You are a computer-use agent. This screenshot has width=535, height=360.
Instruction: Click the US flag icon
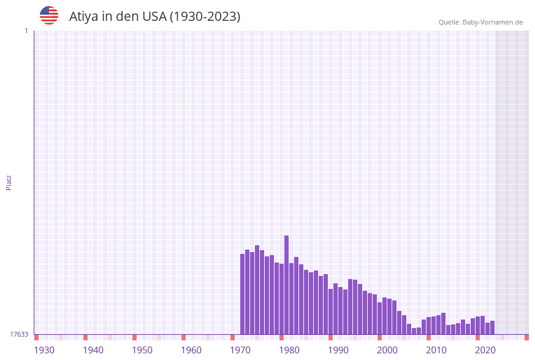(x=49, y=15)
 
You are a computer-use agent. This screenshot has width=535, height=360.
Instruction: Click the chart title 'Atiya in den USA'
(x=154, y=17)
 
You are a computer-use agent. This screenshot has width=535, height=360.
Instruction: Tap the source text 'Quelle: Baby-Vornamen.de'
(x=480, y=22)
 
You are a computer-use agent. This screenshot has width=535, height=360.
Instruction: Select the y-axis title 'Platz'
(x=9, y=182)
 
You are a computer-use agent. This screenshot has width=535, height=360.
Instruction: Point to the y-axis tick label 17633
(x=19, y=334)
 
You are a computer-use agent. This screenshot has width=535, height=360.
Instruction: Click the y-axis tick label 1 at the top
(x=26, y=31)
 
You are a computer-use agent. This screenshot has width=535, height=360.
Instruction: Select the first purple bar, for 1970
(x=242, y=294)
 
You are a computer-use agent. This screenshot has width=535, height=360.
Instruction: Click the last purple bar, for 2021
(x=492, y=327)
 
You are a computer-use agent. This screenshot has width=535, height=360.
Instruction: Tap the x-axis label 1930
(x=44, y=350)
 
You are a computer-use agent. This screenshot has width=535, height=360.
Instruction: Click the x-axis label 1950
(x=142, y=350)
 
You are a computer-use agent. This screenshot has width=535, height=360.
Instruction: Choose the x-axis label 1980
(x=289, y=350)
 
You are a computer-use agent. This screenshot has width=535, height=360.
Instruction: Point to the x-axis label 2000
(x=387, y=350)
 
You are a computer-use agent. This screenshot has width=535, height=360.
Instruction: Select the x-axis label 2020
(x=485, y=350)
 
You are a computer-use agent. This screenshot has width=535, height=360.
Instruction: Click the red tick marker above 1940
(x=85, y=337)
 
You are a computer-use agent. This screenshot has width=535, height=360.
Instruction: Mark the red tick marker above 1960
(x=183, y=337)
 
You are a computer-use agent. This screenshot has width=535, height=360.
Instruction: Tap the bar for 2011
(x=443, y=323)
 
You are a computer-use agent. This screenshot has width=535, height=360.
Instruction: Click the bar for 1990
(x=340, y=310)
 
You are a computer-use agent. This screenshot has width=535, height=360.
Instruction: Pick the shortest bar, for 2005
(x=414, y=331)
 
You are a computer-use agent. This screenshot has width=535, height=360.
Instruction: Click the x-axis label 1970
(x=240, y=350)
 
